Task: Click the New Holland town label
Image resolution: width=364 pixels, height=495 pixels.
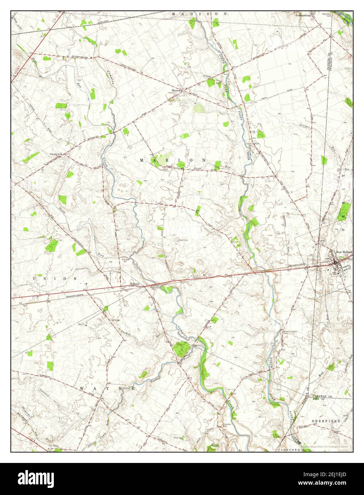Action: (344, 252)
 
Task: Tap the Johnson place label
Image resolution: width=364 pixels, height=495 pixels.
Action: (134, 284)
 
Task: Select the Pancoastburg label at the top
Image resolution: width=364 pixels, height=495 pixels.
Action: (303, 16)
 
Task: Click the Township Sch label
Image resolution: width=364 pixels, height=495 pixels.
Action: (56, 154)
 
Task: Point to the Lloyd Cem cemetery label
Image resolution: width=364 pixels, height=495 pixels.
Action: (183, 240)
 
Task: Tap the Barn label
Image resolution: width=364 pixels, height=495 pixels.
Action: (81, 325)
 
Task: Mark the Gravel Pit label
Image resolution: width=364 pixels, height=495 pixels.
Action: (125, 260)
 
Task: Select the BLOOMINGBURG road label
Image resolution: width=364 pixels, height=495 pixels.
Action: (80, 57)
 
